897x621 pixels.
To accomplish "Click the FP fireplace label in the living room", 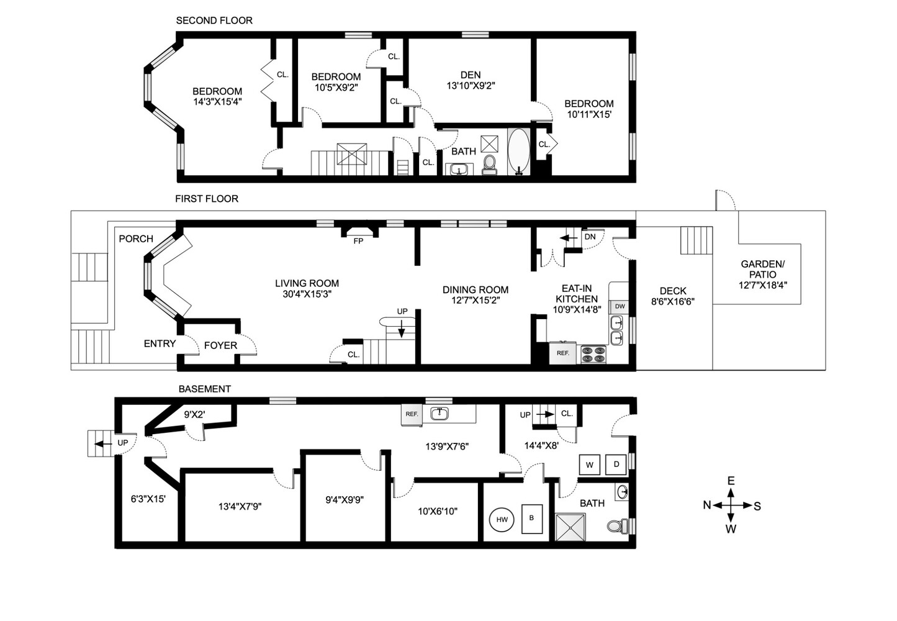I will (x=358, y=241).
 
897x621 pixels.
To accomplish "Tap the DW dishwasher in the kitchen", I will (x=620, y=306).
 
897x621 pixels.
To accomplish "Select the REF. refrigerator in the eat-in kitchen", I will (x=563, y=353).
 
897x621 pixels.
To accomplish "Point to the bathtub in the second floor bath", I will (x=518, y=152).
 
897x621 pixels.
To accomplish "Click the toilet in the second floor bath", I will (x=490, y=164).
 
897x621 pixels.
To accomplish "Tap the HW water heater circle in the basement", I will (x=502, y=520).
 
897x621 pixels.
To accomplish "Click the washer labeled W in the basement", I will (x=589, y=465).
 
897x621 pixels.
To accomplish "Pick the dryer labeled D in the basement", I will (x=616, y=465).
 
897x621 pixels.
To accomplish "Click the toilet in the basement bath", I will (x=616, y=526).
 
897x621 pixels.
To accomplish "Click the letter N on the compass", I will (x=706, y=505).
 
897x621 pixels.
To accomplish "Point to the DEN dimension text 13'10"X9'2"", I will (x=471, y=86).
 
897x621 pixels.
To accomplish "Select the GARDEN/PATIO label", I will (x=762, y=269).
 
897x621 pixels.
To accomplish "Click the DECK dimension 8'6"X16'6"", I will (x=673, y=302).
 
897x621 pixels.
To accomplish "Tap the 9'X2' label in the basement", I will (x=194, y=414).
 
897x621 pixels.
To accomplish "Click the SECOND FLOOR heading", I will (x=214, y=20).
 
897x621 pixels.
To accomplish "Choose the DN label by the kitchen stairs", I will (x=590, y=237).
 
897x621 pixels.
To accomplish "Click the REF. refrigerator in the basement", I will (x=412, y=414).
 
